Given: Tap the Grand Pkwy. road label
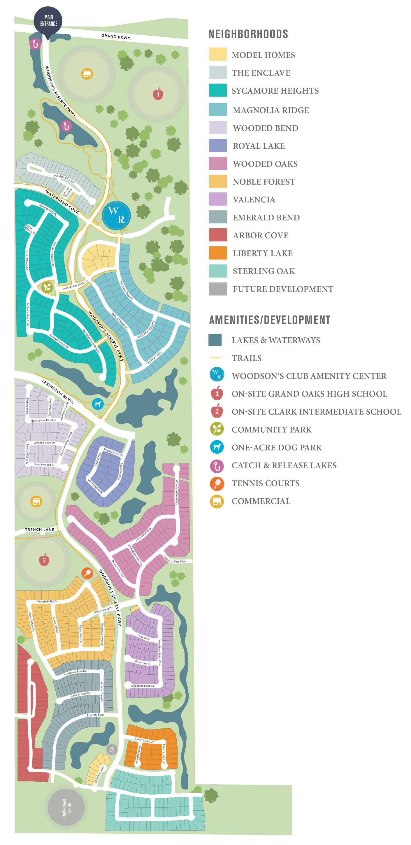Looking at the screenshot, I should (x=116, y=36).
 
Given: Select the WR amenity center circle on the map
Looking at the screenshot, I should (x=116, y=215).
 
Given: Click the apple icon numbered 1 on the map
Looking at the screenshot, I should (x=158, y=94).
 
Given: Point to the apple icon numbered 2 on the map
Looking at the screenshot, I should (x=44, y=560).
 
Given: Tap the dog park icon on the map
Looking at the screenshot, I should (x=98, y=404).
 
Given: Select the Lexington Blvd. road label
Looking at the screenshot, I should (x=57, y=391).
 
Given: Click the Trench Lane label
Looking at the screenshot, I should (x=40, y=530).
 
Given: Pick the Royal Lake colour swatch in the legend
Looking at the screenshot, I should (x=218, y=145).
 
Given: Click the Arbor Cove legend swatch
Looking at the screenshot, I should (x=218, y=235).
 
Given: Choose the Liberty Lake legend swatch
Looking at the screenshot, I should (x=218, y=253).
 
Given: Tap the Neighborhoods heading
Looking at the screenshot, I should (x=248, y=34).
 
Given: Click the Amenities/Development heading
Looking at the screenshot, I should (x=270, y=320).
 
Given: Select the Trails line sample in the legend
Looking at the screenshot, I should (x=215, y=358).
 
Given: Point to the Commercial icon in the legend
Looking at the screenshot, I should (x=217, y=501).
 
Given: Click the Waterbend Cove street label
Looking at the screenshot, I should (x=62, y=201).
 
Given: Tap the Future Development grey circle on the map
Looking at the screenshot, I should (x=66, y=807).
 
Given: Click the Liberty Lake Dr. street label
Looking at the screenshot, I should (x=145, y=740).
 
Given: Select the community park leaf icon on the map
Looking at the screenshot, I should (x=47, y=287).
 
